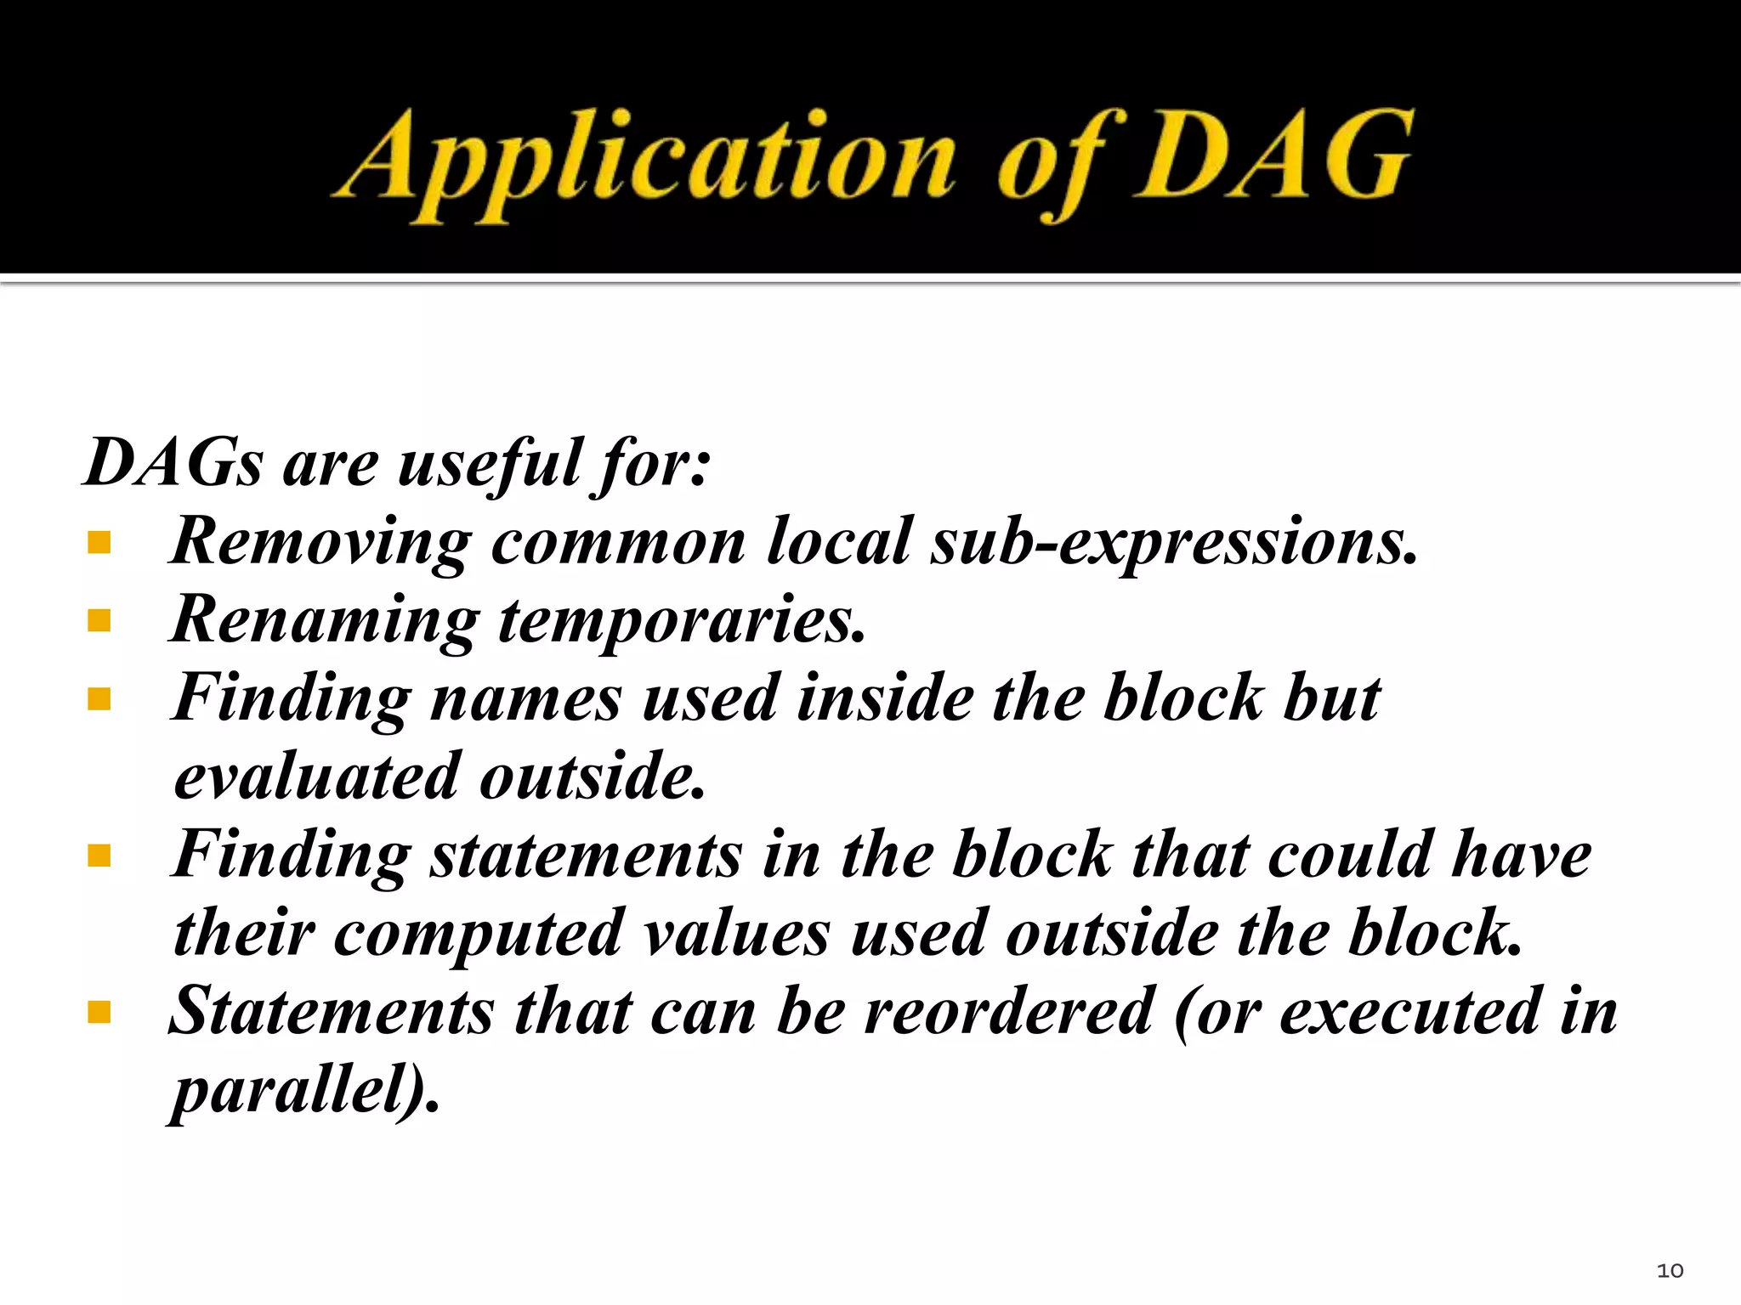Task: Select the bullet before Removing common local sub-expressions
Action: [x=99, y=542]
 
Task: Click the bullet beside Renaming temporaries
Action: [x=99, y=621]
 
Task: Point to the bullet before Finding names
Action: [x=99, y=699]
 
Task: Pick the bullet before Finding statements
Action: [x=99, y=856]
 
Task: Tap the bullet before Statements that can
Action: [x=99, y=1012]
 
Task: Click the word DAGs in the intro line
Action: [x=174, y=463]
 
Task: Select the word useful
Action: [x=491, y=463]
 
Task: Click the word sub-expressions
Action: [x=1173, y=542]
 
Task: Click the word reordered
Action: [x=1009, y=1012]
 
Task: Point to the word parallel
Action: [x=293, y=1090]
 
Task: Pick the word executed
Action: [x=1410, y=1012]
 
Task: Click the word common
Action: [x=618, y=542]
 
